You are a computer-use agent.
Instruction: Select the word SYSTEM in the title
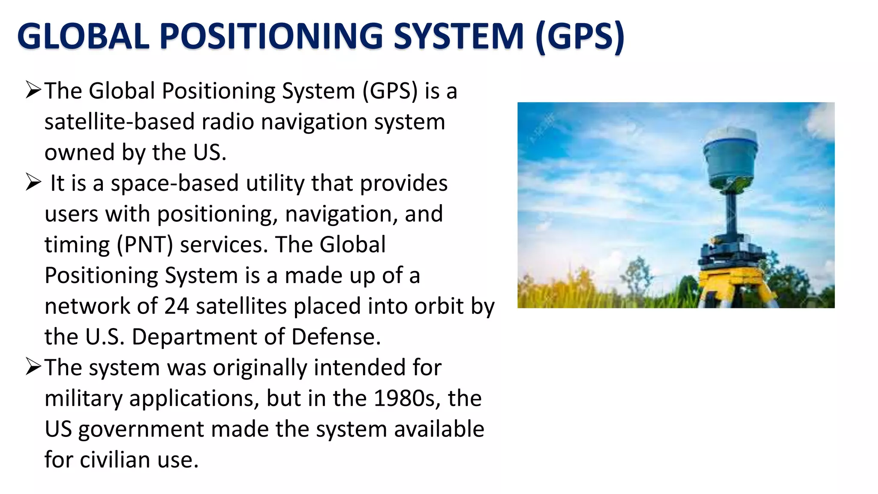pos(458,36)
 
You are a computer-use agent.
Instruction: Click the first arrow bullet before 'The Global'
pos(33,90)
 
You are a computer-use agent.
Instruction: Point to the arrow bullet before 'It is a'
pos(33,182)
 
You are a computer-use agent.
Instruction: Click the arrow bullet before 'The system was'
pos(33,367)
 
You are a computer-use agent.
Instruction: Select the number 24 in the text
pos(177,306)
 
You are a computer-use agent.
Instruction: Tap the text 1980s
pos(407,398)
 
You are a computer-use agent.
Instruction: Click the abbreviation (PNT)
pos(145,245)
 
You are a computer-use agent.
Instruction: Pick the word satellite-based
pos(120,122)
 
